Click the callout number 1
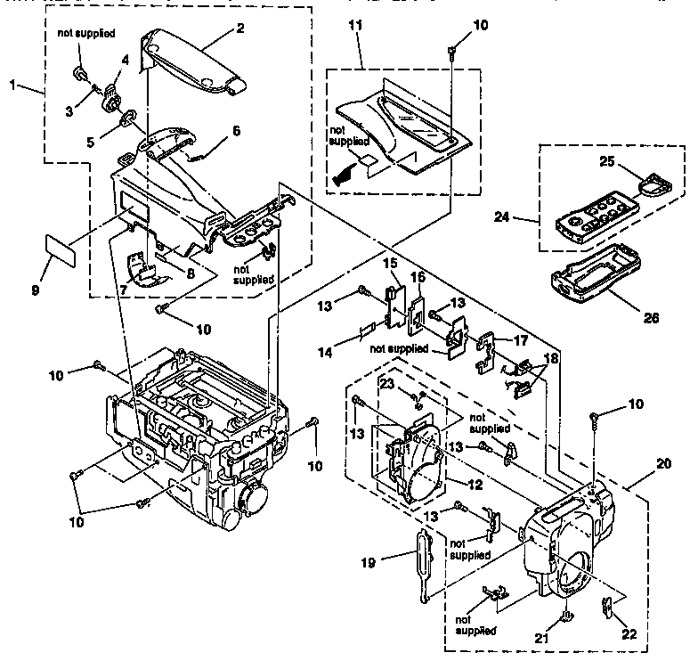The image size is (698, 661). coord(12,86)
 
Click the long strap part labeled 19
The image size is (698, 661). coord(422,563)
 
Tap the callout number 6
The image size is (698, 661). coord(236,130)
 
